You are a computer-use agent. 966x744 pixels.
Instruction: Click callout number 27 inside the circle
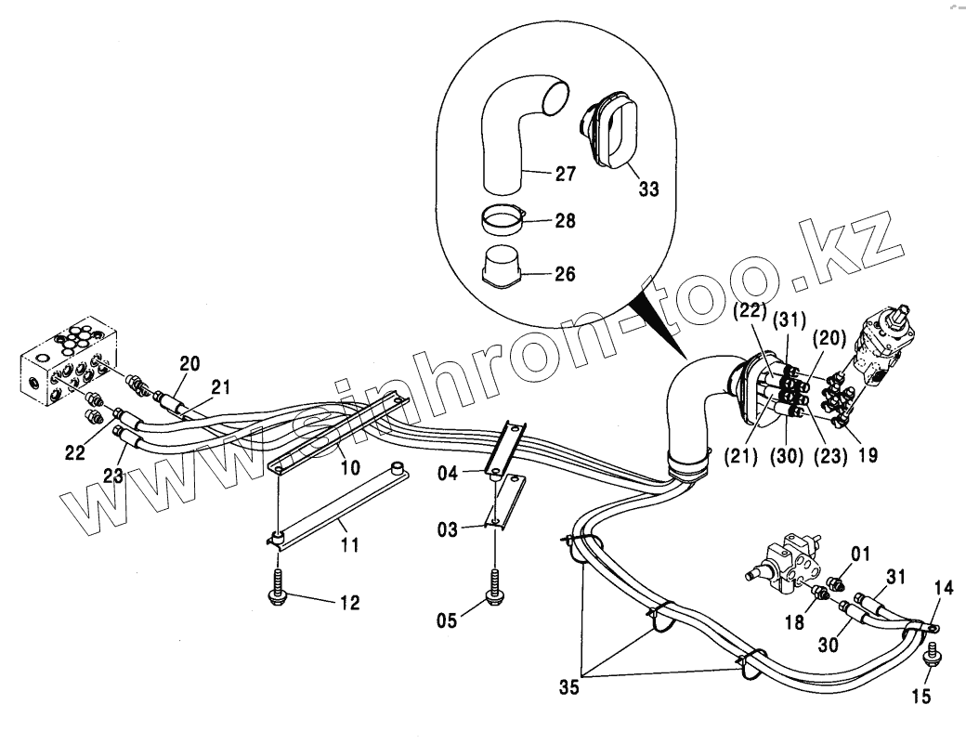(x=565, y=174)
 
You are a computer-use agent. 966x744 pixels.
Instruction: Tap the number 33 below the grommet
(x=648, y=189)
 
